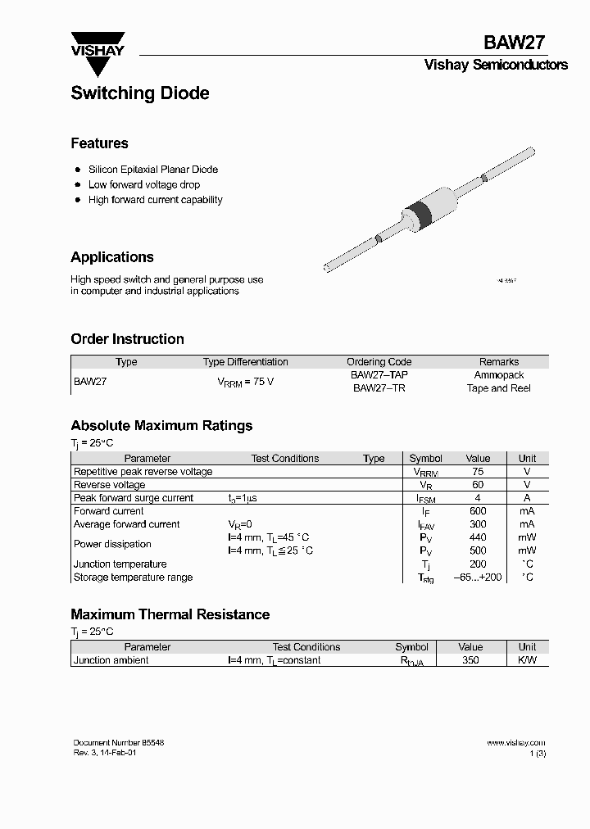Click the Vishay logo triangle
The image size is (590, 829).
tap(98, 59)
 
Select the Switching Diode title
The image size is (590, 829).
tap(139, 93)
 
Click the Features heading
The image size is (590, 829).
tap(99, 143)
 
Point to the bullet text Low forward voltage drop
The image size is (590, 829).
tap(143, 184)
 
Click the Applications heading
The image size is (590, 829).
tap(112, 257)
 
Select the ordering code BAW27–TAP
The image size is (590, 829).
tap(379, 374)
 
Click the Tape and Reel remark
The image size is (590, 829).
tap(498, 388)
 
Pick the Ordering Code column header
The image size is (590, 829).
tap(379, 361)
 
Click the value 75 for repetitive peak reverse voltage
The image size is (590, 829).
tap(478, 472)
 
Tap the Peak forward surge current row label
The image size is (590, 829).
tap(134, 498)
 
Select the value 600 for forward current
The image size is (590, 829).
tap(478, 511)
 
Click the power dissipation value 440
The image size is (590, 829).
tap(478, 537)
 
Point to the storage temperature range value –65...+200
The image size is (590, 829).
tap(478, 578)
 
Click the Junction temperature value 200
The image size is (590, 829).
tap(478, 564)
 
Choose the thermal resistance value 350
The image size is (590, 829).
tap(470, 660)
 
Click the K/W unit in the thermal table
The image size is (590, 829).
tap(527, 660)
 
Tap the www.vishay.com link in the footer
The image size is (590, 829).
tap(515, 743)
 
